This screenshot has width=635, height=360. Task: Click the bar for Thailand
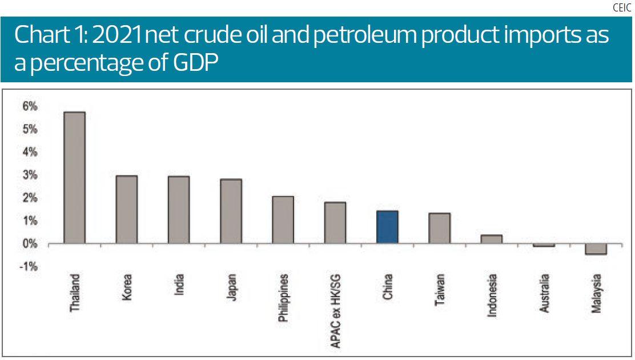[x=74, y=178]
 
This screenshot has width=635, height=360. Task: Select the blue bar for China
[x=387, y=227]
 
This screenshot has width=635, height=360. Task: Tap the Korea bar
[x=127, y=210]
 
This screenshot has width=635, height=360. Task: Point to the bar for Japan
[x=231, y=211]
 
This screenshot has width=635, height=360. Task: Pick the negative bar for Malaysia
[x=596, y=249]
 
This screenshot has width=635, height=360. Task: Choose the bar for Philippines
[x=283, y=220]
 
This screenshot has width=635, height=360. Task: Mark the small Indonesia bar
[x=492, y=239]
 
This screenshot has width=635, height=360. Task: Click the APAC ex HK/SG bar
[x=335, y=223]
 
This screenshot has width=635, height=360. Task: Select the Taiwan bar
[x=440, y=229]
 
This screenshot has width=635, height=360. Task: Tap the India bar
[x=179, y=210]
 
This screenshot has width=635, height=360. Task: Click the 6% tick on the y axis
[x=30, y=106]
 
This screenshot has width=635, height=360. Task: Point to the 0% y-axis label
[x=30, y=244]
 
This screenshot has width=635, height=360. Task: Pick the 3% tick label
[x=30, y=175]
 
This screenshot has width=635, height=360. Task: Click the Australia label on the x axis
[x=545, y=293]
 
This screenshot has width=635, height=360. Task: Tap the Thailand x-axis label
[x=74, y=293]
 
